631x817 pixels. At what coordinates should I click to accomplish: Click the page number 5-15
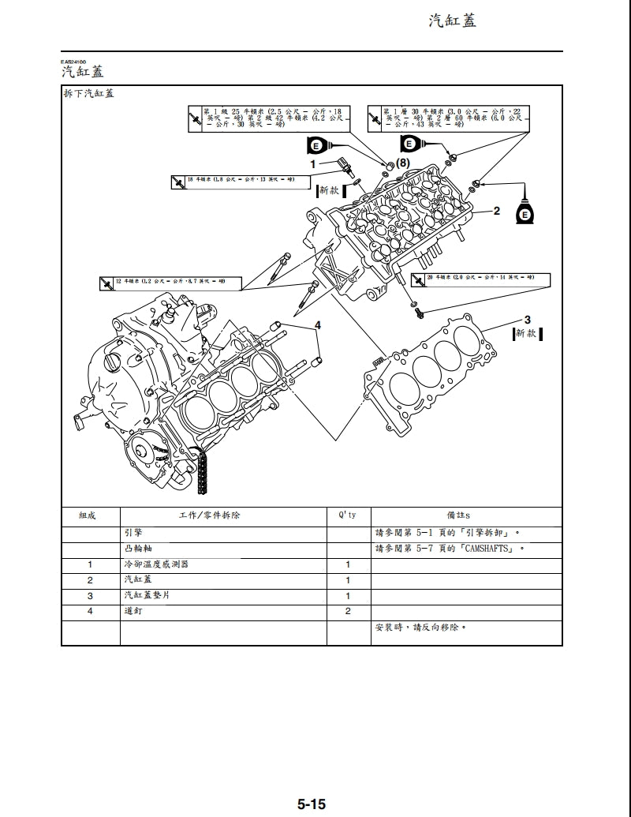(312, 804)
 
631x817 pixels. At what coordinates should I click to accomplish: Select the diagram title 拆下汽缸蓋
(88, 94)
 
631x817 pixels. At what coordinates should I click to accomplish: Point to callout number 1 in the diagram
(312, 163)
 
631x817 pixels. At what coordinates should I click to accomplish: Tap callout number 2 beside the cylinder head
(496, 211)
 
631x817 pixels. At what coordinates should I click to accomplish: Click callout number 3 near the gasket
(528, 320)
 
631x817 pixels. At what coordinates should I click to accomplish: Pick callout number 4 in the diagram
(318, 325)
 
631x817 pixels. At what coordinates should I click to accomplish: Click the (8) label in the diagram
(403, 162)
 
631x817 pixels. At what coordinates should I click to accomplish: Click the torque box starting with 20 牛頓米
(480, 279)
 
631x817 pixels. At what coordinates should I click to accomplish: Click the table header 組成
(88, 515)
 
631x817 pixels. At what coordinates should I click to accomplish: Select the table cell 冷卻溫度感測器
(157, 565)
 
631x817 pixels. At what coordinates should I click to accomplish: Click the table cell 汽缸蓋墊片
(147, 596)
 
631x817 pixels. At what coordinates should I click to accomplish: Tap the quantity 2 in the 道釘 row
(348, 612)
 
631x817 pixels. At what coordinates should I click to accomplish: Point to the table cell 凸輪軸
(136, 549)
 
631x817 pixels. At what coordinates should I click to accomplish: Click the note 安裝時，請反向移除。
(420, 628)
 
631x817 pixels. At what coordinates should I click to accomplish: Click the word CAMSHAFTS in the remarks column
(484, 549)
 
